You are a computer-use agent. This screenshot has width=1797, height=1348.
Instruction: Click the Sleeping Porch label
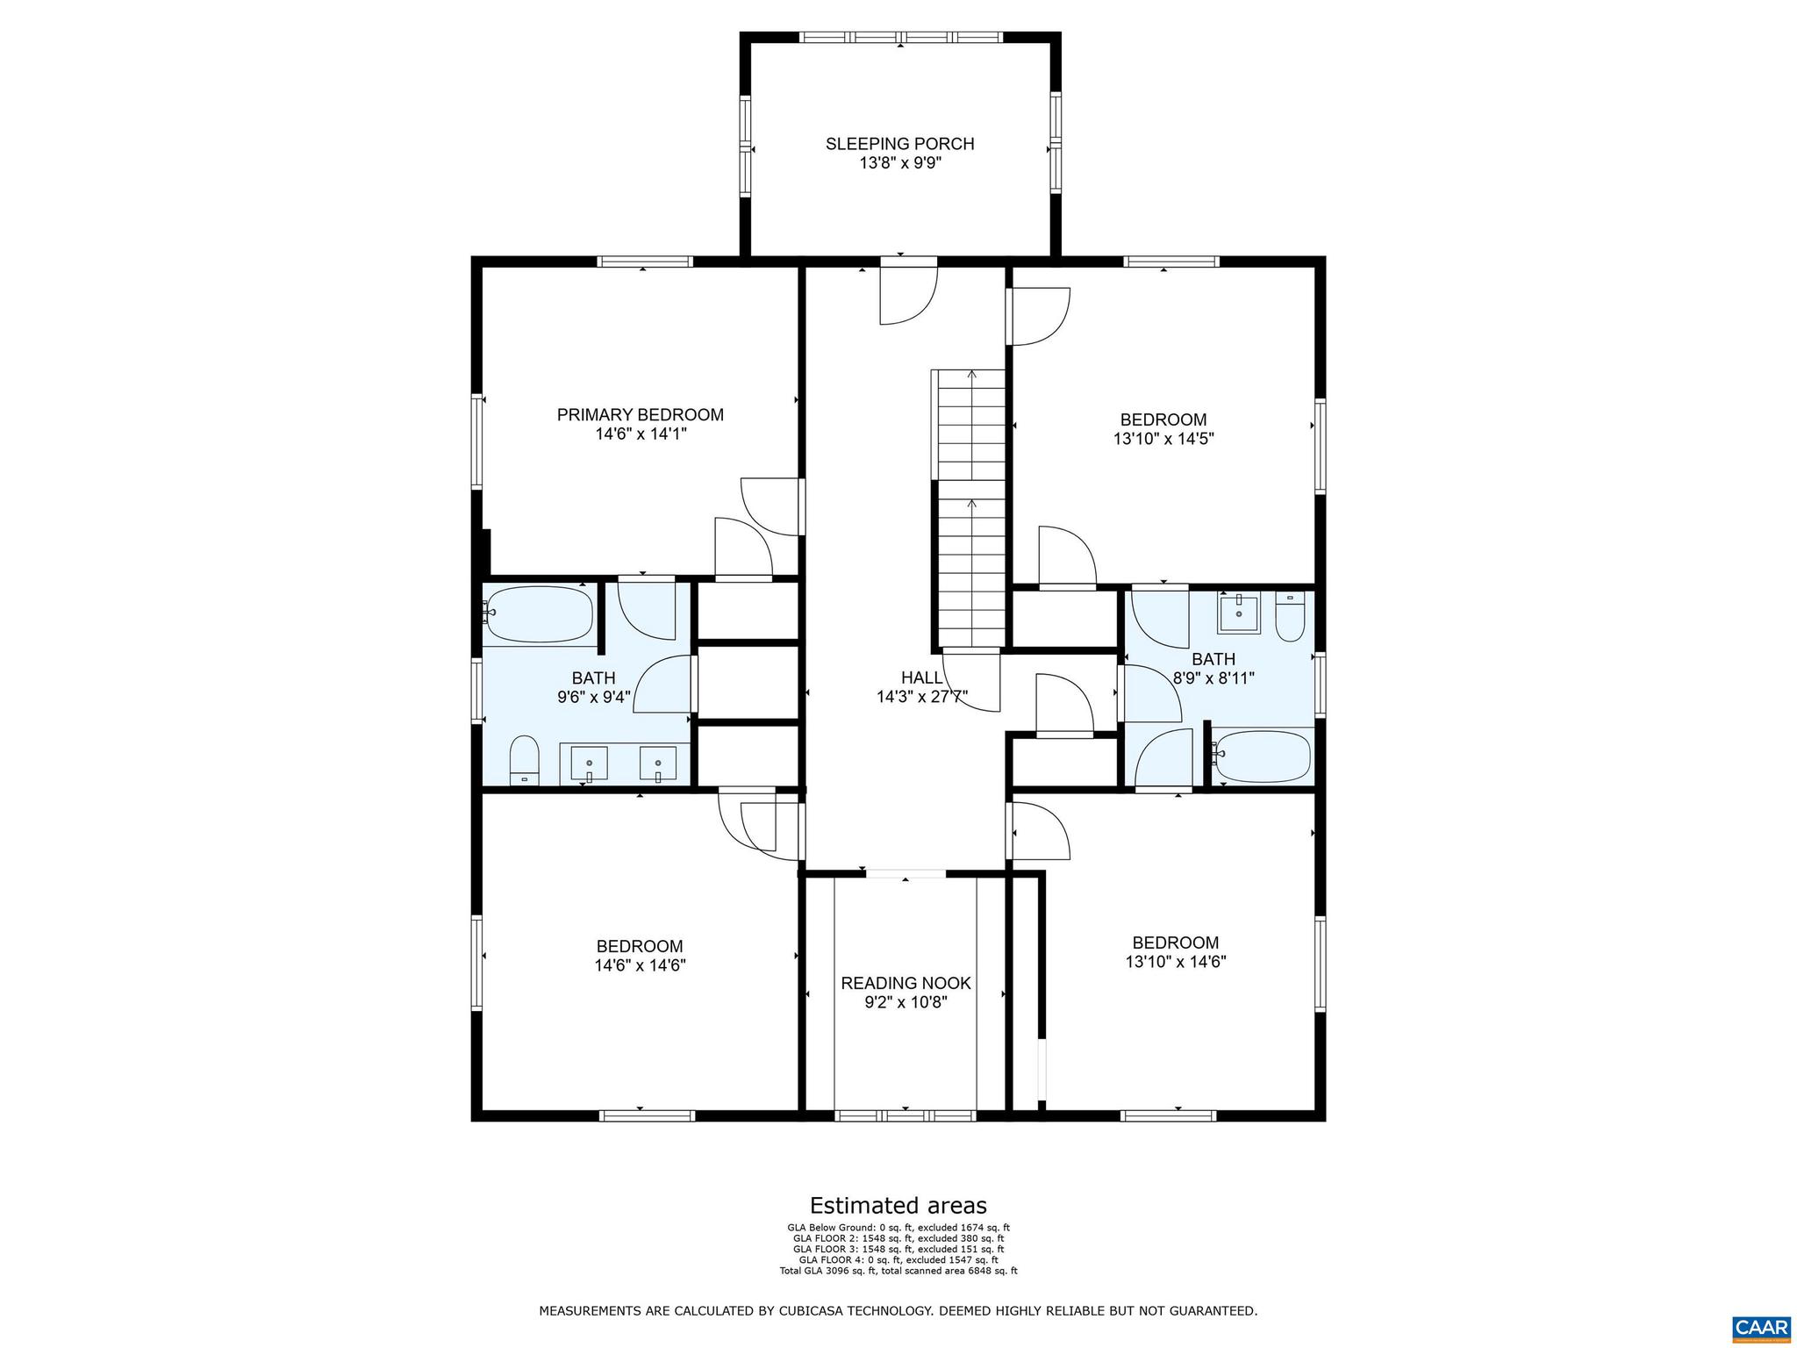click(899, 144)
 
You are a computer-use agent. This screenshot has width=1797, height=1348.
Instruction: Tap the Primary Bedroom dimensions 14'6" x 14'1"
click(640, 434)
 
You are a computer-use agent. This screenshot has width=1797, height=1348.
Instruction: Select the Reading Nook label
click(906, 984)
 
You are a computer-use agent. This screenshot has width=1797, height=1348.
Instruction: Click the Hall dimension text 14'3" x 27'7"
click(921, 697)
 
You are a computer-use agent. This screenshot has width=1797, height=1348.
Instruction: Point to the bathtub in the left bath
click(540, 613)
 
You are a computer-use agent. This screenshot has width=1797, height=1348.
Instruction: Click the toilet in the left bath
click(524, 760)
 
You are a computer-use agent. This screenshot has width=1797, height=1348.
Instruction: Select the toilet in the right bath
click(1290, 617)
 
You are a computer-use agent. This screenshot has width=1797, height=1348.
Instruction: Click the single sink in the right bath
click(1238, 613)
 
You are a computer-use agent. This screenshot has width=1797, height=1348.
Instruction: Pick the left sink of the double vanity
click(590, 764)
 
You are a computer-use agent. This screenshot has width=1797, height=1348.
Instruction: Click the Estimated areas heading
click(898, 1205)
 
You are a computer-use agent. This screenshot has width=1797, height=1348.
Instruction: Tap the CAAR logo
click(1761, 1325)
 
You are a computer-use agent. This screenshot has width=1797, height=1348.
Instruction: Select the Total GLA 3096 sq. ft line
click(898, 1271)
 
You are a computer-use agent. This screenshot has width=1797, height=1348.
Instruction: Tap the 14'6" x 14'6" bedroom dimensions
click(639, 965)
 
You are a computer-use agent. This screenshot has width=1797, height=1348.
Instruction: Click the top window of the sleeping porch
click(901, 38)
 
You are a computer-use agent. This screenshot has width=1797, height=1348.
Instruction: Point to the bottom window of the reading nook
click(905, 1115)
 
